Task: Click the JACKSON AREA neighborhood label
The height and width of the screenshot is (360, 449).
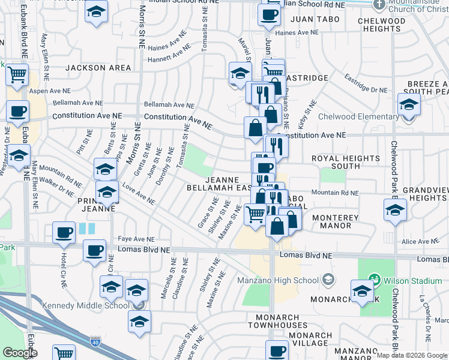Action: tap(98, 68)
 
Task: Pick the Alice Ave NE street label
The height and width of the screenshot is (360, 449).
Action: tap(417, 241)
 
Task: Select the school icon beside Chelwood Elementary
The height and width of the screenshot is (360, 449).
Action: tap(409, 105)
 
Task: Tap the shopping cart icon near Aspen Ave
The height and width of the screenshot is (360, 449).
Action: tap(17, 76)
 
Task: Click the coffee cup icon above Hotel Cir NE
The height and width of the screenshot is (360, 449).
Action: tap(63, 233)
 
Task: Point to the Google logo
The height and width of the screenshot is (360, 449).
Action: tap(20, 352)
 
